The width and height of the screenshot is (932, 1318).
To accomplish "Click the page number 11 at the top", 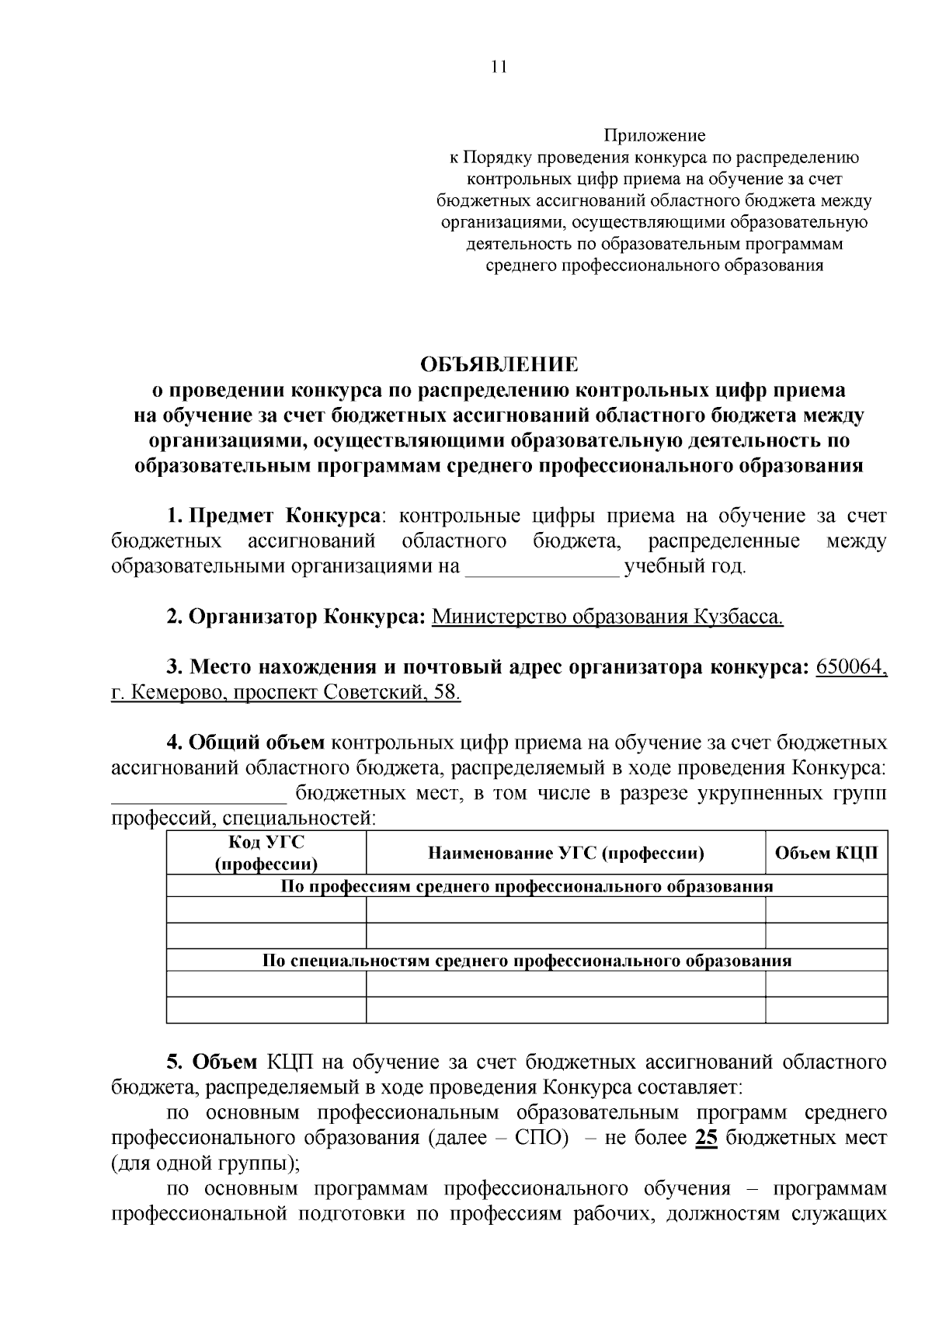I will [x=499, y=67].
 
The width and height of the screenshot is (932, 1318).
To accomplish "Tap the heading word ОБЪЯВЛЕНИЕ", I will [x=499, y=364].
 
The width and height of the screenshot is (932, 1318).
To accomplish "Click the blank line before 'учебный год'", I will [x=542, y=569].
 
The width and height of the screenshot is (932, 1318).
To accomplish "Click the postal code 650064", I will [x=851, y=667].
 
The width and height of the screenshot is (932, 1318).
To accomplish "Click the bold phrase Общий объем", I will [x=257, y=742].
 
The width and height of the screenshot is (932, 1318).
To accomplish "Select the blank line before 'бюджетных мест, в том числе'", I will [x=199, y=795].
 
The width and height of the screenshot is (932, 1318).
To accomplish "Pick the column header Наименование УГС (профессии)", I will [x=565, y=854].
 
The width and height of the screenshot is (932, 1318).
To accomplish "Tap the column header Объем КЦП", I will [x=826, y=854].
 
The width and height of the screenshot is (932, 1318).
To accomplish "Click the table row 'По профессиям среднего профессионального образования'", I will [x=527, y=886].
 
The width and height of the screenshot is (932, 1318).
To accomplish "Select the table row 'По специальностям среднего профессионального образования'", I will [x=527, y=961].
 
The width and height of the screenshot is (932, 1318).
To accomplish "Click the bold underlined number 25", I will [x=705, y=1139].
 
